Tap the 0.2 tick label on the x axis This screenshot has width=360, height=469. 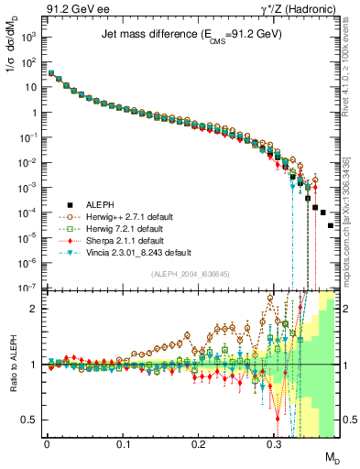199,444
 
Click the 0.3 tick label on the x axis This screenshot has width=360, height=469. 275,444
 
